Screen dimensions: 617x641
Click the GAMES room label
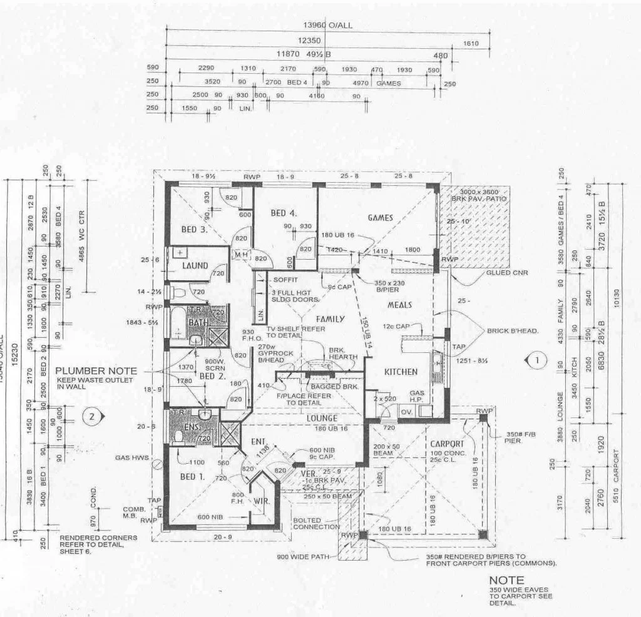tap(381, 218)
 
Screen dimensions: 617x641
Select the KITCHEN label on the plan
tap(401, 372)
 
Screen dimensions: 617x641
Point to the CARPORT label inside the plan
tap(446, 444)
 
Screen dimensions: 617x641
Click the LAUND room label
tap(195, 266)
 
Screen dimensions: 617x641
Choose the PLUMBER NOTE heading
tap(95, 371)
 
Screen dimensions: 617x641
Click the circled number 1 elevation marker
tap(540, 360)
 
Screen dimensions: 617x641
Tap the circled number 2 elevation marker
tap(91, 415)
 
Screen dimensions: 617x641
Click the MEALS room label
tap(399, 305)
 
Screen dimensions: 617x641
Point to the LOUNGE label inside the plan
tap(322, 418)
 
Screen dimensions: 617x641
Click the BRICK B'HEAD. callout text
tap(513, 330)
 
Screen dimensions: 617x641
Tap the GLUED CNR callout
tap(506, 273)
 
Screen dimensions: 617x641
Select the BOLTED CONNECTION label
tap(316, 523)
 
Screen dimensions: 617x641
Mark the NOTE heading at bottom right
tap(506, 581)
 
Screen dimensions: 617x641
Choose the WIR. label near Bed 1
tap(261, 501)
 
